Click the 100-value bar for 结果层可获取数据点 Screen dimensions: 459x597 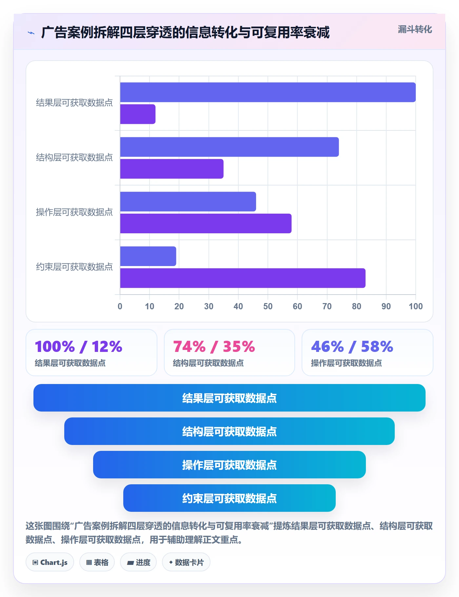pyautogui.click(x=268, y=92)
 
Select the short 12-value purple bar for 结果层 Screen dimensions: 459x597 pyautogui.click(x=138, y=114)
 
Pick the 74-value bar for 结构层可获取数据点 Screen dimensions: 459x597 pyautogui.click(x=229, y=147)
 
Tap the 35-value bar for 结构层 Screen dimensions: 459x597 pyautogui.click(x=172, y=169)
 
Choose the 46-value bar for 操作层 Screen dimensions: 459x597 pyautogui.click(x=188, y=202)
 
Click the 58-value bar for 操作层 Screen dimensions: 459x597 pyautogui.click(x=206, y=224)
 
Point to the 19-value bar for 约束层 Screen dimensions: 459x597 pyautogui.click(x=148, y=257)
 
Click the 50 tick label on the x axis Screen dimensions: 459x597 pyautogui.click(x=268, y=306)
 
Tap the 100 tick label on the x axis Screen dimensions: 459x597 pyautogui.click(x=415, y=306)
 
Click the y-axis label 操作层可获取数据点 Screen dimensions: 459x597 pyautogui.click(x=74, y=212)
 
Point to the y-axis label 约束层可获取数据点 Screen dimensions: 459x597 pyautogui.click(x=74, y=267)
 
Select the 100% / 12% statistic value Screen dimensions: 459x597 pyautogui.click(x=79, y=347)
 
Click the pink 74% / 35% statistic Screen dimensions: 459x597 pyautogui.click(x=214, y=347)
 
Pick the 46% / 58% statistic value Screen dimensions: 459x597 pyautogui.click(x=352, y=347)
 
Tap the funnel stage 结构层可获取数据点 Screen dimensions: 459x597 pyautogui.click(x=229, y=432)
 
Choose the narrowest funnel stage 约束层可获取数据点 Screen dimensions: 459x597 pyautogui.click(x=229, y=498)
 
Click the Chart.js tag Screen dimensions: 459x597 pyautogui.click(x=50, y=563)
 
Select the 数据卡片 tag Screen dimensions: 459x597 pyautogui.click(x=186, y=563)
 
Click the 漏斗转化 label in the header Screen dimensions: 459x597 pyautogui.click(x=415, y=29)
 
